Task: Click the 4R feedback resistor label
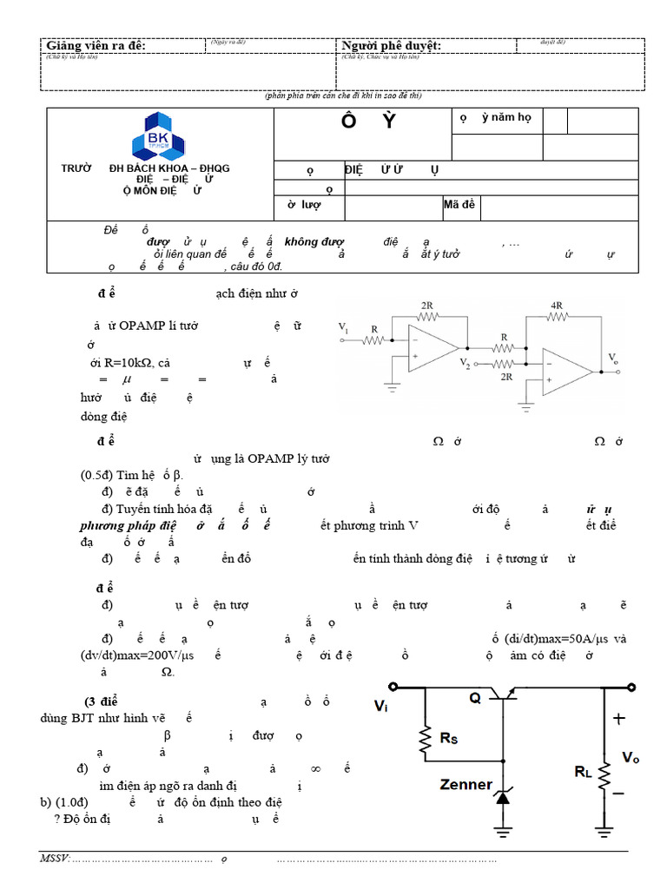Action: pyautogui.click(x=556, y=306)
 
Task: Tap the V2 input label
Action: pyautogui.click(x=466, y=362)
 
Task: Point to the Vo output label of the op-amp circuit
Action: pyautogui.click(x=613, y=358)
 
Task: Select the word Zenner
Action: pyautogui.click(x=466, y=785)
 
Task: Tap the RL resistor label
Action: pyautogui.click(x=584, y=771)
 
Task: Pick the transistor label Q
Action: pyautogui.click(x=475, y=698)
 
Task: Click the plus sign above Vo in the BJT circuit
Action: pyautogui.click(x=618, y=719)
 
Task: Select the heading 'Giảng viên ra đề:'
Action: pyautogui.click(x=96, y=45)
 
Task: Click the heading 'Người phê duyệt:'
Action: pyautogui.click(x=392, y=45)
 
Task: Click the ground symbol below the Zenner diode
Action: pyautogui.click(x=502, y=832)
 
